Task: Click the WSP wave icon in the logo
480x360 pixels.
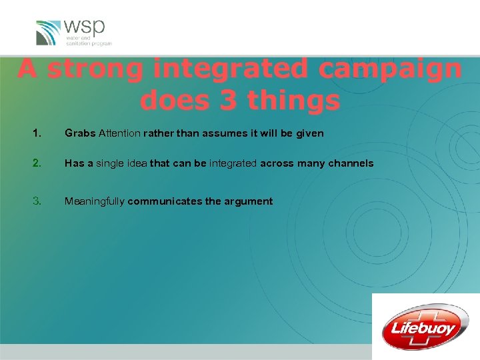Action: click(x=48, y=33)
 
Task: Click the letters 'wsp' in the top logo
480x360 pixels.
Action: click(x=84, y=28)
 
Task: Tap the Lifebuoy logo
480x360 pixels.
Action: click(x=425, y=327)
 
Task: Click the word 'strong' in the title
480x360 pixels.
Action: click(x=94, y=69)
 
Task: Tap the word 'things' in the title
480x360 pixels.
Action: click(x=293, y=100)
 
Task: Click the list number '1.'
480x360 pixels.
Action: click(x=36, y=133)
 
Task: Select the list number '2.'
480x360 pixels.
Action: click(x=36, y=163)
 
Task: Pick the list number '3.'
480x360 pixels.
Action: click(x=36, y=201)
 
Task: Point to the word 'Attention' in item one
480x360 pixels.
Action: click(x=119, y=133)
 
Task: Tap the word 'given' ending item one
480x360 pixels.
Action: click(x=309, y=133)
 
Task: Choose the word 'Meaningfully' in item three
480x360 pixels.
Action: click(x=94, y=201)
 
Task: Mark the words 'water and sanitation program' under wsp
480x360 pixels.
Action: click(x=88, y=40)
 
